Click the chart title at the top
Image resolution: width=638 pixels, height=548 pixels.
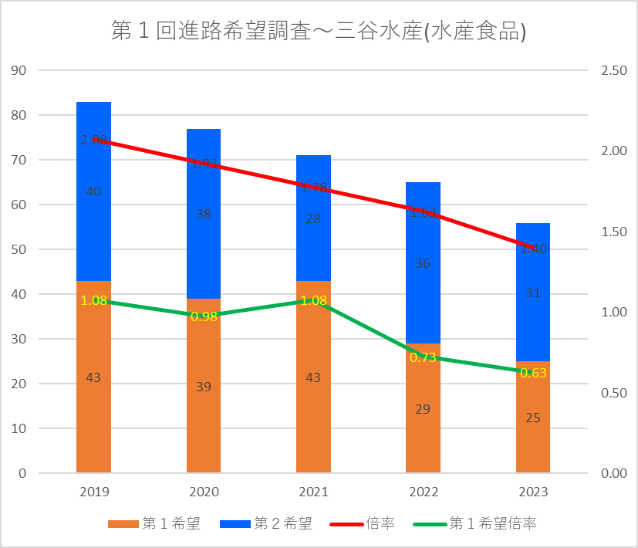coord(319,31)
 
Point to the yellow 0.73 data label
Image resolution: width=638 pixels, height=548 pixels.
coord(423,357)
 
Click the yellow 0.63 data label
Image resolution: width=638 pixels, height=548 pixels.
coord(533,373)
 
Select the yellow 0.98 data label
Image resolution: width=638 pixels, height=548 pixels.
coord(204,316)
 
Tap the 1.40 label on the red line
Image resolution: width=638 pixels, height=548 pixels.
coord(533,249)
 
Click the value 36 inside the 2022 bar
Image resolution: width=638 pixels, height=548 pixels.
coord(423,263)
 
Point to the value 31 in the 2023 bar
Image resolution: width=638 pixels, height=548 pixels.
coord(533,293)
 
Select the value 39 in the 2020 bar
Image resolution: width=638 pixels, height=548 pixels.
coord(204,387)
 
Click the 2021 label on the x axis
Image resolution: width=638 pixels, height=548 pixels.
coord(313,492)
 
